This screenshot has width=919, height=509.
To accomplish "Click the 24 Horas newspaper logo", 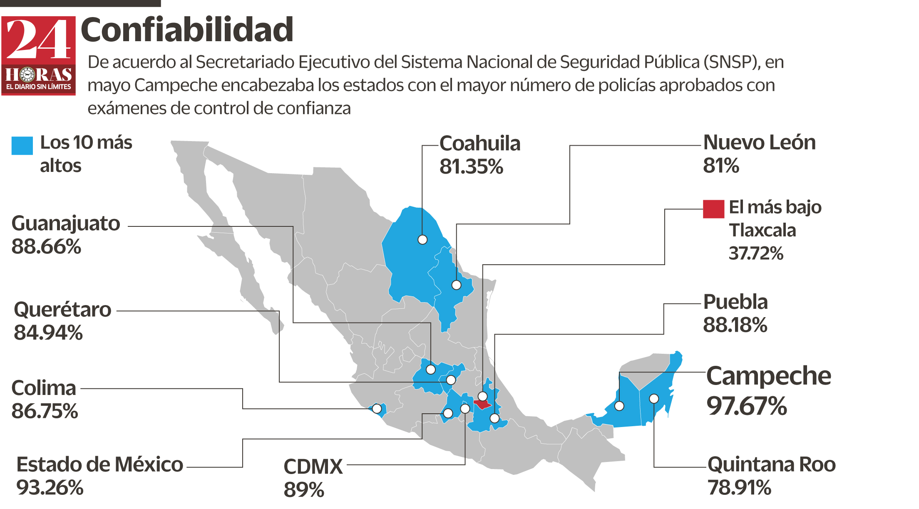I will click(x=38, y=55).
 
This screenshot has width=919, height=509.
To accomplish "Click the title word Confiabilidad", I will click(x=187, y=30).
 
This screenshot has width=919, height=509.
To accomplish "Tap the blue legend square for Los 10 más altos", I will click(x=22, y=146).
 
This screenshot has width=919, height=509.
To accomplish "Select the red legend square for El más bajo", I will click(x=713, y=209).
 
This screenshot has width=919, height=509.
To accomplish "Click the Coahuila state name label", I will click(x=479, y=144).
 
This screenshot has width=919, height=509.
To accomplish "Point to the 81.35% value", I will click(x=471, y=167).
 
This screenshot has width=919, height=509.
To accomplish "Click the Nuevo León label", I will click(x=759, y=143).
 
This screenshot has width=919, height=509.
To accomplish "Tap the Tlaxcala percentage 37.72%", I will click(x=756, y=253).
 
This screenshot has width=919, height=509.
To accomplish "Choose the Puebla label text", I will click(x=735, y=302).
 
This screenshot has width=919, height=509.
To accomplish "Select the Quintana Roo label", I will click(x=772, y=464).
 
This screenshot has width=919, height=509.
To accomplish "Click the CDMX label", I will click(x=313, y=467).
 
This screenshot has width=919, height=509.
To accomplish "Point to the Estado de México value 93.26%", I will click(x=50, y=488).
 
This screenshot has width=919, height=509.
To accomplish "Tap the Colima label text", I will click(x=44, y=388).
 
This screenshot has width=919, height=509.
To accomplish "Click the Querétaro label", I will click(x=62, y=310).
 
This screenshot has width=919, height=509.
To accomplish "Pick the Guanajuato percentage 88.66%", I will click(x=46, y=247).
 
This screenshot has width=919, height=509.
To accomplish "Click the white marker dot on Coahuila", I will click(x=422, y=240).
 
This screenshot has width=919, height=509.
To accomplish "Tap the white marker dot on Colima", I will click(x=377, y=409).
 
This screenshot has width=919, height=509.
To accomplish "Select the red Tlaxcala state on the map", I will click(x=483, y=404).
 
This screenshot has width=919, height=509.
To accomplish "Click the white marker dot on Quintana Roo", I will click(x=654, y=399).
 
